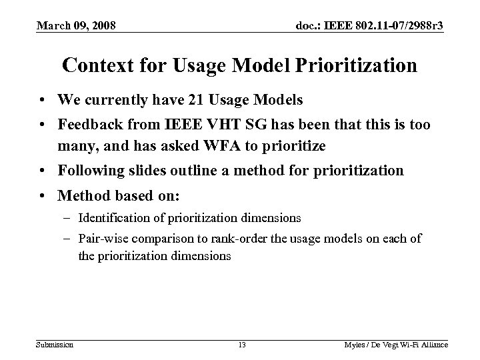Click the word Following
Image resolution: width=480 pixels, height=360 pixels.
coord(90,171)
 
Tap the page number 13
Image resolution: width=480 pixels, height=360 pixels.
coord(241,345)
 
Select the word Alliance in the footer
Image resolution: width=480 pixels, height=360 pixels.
coord(433,345)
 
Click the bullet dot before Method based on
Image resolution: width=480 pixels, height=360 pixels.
coord(42,195)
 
